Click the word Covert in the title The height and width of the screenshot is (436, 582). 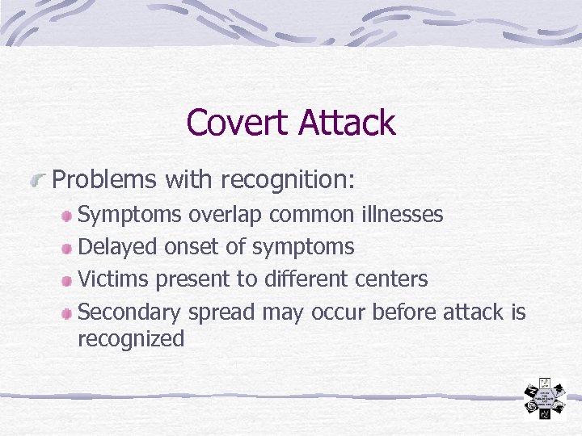pyautogui.click(x=238, y=123)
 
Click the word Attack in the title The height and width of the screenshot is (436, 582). pyautogui.click(x=346, y=123)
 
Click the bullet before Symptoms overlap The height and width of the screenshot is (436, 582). pyautogui.click(x=68, y=216)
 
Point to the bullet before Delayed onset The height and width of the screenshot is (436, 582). pyautogui.click(x=68, y=247)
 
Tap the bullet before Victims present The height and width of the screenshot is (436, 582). pyautogui.click(x=68, y=280)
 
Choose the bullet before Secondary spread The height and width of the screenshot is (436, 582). pyautogui.click(x=68, y=312)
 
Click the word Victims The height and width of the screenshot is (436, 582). pyautogui.click(x=114, y=279)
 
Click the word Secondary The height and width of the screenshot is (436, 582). pyautogui.click(x=130, y=312)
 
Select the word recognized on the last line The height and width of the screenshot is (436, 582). pyautogui.click(x=131, y=339)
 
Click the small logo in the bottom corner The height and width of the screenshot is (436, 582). pyautogui.click(x=543, y=398)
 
